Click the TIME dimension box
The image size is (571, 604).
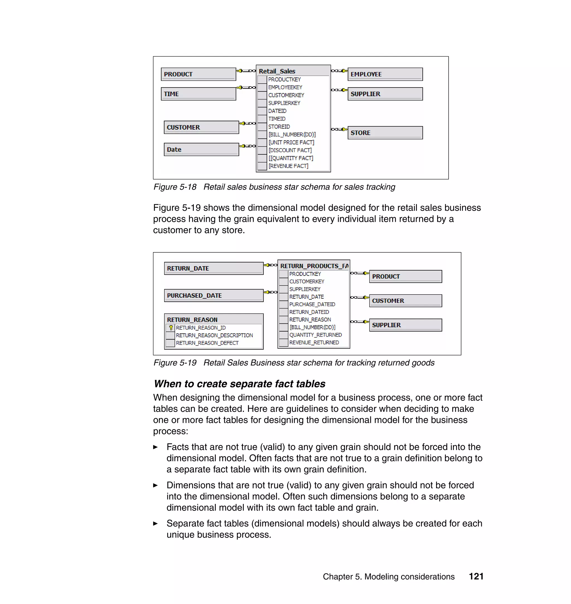click(x=198, y=94)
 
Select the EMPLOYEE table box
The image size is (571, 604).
click(x=385, y=74)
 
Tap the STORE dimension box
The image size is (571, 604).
click(x=385, y=133)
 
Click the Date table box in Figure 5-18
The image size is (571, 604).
click(x=201, y=149)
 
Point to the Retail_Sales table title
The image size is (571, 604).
click(x=277, y=71)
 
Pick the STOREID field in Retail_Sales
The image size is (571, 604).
click(x=279, y=126)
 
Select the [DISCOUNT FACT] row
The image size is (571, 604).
click(x=290, y=150)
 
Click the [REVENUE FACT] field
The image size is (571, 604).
click(x=288, y=166)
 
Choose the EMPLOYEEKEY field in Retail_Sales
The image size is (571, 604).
click(x=285, y=87)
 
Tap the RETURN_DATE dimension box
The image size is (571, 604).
click(x=213, y=268)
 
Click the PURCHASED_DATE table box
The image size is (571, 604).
click(x=213, y=295)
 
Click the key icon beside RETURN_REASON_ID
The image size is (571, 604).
click(x=171, y=328)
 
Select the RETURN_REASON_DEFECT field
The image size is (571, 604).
click(x=207, y=343)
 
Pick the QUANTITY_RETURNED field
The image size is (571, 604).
click(x=315, y=335)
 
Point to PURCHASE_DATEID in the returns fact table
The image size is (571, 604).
click(x=312, y=305)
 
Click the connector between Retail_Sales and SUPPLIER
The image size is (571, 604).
click(x=339, y=90)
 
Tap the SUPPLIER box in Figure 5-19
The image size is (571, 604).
click(x=405, y=325)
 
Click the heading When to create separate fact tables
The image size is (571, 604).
click(x=239, y=384)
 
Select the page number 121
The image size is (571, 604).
click(x=476, y=576)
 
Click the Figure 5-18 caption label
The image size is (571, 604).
click(x=175, y=187)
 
